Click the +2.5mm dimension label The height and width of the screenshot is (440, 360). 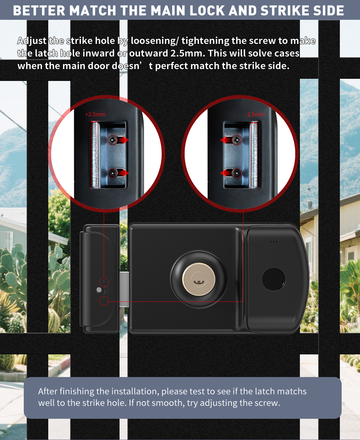point(95,114)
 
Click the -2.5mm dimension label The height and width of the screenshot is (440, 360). point(255,114)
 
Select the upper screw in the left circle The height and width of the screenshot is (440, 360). point(113,140)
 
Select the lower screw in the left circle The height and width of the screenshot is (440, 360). point(113,173)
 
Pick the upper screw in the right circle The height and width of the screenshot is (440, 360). point(237,140)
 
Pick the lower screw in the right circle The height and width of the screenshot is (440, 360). point(237,173)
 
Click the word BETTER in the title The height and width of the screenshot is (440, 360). point(39,10)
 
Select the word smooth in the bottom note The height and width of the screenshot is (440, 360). point(168,403)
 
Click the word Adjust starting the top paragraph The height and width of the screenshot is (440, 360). point(32,40)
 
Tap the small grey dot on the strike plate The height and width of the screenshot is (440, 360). point(99,290)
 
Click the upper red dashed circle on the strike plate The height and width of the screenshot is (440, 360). point(104,281)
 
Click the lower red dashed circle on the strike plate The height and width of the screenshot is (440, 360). point(104,301)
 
